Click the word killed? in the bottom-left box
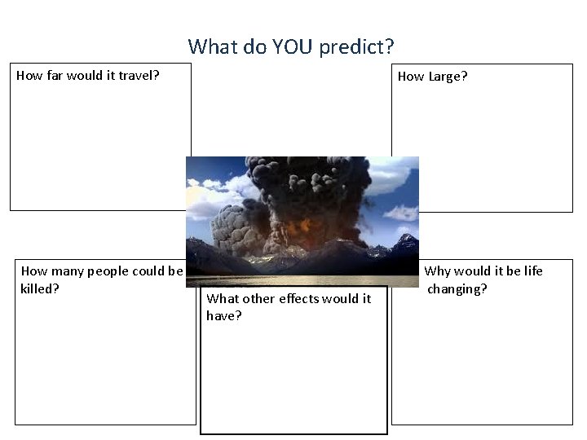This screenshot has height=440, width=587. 40,288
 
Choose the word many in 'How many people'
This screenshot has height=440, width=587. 67,271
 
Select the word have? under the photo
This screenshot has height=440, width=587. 224,315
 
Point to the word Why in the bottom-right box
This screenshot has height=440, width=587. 438,271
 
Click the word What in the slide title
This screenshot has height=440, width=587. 211,46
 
